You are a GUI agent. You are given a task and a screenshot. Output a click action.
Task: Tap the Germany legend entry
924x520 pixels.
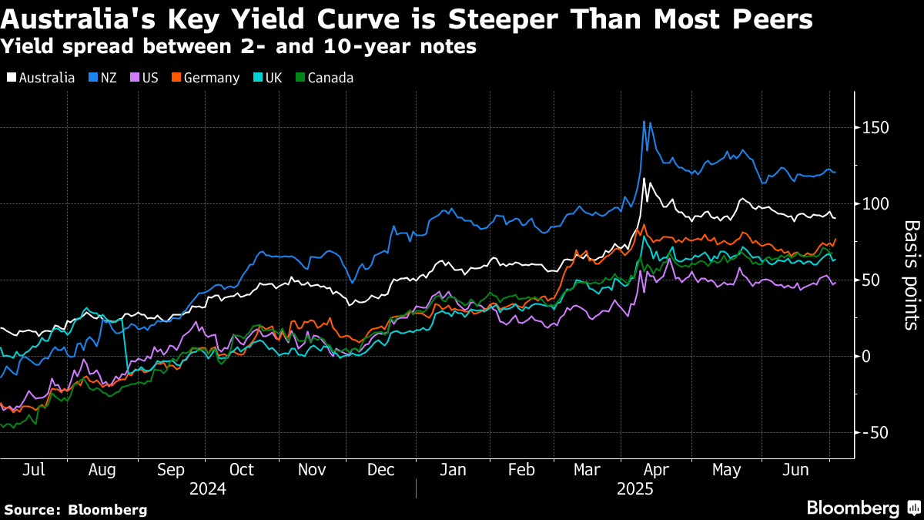(206, 78)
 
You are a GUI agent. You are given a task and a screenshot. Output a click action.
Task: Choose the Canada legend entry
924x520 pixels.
(325, 78)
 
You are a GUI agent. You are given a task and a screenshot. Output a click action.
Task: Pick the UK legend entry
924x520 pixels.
(268, 78)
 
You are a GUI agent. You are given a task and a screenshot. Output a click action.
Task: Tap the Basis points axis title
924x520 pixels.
(910, 275)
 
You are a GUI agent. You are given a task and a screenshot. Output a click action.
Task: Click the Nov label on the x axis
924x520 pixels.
(312, 470)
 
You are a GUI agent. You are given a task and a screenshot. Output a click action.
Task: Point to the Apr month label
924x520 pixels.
(657, 470)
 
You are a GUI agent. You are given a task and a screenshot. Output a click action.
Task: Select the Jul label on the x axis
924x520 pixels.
(33, 470)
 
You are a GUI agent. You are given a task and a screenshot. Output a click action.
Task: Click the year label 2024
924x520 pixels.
(207, 489)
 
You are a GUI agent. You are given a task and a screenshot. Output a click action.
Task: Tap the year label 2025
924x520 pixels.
(634, 489)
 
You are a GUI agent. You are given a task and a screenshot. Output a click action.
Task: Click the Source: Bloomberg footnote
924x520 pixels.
(75, 509)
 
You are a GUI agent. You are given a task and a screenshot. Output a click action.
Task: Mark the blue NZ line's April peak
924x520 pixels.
(644, 121)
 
